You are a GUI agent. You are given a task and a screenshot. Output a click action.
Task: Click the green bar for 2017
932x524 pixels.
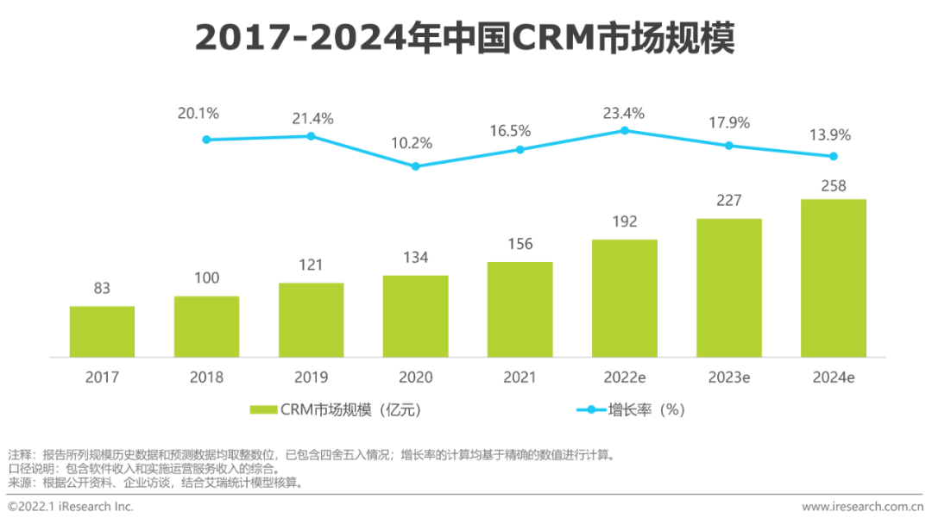[x=102, y=332]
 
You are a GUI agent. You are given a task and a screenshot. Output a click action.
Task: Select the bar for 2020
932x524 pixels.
[x=415, y=316]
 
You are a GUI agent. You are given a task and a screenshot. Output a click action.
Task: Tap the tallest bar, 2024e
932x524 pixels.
[x=834, y=278]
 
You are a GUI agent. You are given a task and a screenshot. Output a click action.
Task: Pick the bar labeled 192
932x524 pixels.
[x=625, y=298]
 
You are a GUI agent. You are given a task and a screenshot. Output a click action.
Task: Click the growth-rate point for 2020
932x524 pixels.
[x=415, y=166]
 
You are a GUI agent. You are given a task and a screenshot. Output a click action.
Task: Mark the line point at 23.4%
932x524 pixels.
[x=625, y=130]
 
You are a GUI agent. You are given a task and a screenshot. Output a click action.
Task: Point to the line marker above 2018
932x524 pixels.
[x=206, y=140]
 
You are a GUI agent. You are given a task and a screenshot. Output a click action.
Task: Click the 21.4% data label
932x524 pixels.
[x=311, y=119]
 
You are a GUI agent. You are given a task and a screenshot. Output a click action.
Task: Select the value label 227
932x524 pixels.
[x=729, y=201]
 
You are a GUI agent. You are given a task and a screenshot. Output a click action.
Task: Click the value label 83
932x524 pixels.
[x=102, y=288]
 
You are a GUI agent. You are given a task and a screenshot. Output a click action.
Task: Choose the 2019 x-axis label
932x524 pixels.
[x=311, y=377]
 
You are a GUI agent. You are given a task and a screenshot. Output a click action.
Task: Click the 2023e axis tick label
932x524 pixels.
[x=729, y=377]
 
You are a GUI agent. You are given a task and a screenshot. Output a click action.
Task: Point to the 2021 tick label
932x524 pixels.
[x=520, y=377]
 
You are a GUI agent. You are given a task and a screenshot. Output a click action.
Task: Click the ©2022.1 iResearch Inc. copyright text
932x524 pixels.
[x=71, y=507]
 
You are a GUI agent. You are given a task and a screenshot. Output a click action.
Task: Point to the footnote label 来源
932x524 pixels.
[x=20, y=483]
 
